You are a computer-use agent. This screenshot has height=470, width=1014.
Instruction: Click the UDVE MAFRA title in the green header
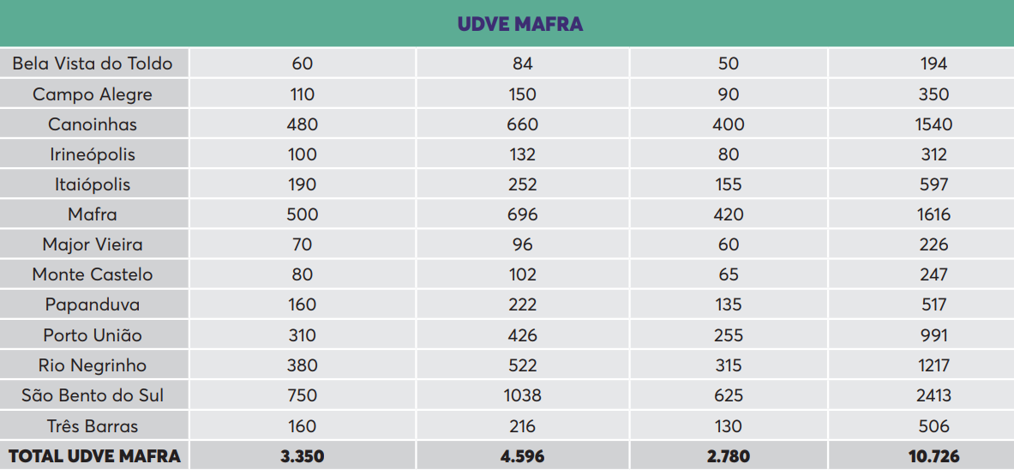coord(520,24)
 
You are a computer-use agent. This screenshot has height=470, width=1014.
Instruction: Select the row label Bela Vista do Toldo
coord(93,64)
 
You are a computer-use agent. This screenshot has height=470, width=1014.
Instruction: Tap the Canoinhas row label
coord(93,124)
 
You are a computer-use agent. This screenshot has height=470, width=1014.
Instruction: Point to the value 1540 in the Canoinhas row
coord(933,124)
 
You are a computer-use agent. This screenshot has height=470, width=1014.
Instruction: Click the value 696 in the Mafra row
coord(522,214)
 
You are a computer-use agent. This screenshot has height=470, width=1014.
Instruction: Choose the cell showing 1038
coord(522,395)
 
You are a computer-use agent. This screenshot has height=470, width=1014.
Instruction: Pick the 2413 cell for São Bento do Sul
coord(933,395)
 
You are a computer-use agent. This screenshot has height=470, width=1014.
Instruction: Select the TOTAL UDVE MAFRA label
coord(94,456)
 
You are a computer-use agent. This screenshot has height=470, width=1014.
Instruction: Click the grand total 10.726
coord(933,456)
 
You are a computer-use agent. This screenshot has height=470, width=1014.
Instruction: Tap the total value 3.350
coord(303,456)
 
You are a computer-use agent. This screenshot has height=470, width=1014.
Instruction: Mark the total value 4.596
coord(522,456)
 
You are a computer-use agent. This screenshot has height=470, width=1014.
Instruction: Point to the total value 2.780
coord(729,456)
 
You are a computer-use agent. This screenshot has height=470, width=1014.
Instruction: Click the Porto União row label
coord(93,335)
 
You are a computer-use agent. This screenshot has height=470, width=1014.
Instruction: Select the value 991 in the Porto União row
coord(933,335)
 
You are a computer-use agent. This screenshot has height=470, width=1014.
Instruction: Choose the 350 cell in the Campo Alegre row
coord(933,94)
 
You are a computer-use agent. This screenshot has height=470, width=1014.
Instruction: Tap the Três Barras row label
coord(93,426)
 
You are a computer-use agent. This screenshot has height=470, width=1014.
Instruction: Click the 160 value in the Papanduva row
coord(303,304)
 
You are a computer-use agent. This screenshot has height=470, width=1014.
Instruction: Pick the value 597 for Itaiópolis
coord(933,184)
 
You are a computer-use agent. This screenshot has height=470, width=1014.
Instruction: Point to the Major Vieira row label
coord(93,244)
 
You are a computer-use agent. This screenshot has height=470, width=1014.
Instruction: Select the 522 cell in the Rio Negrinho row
coord(522,365)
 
